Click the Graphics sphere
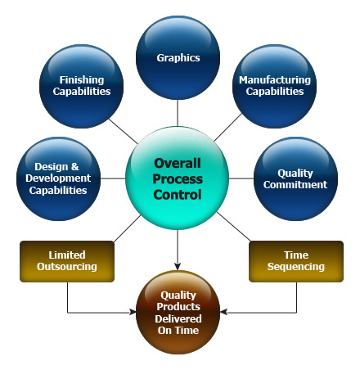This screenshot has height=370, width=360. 178,57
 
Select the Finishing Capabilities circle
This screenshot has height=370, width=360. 81,86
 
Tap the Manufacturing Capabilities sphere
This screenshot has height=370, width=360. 274,86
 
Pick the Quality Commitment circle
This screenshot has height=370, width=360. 295,178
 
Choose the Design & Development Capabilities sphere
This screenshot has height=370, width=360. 58,178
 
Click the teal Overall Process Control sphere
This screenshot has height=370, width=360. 178,178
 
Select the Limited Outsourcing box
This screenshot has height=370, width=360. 67,261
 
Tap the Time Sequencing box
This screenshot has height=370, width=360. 296,261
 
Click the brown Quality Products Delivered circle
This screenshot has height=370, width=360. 178,312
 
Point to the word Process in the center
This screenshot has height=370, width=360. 178,179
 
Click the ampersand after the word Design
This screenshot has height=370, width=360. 74,166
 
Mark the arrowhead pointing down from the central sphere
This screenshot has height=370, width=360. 178,267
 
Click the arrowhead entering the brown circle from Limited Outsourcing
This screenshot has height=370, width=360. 133,312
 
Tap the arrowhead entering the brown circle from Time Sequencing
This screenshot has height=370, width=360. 223,312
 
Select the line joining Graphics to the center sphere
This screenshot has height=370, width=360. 178,113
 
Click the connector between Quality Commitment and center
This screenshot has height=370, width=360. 241,178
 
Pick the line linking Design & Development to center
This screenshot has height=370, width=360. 113,178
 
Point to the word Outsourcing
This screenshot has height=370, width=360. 67,267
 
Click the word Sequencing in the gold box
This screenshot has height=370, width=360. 296,267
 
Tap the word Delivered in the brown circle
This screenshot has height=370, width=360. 178,318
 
